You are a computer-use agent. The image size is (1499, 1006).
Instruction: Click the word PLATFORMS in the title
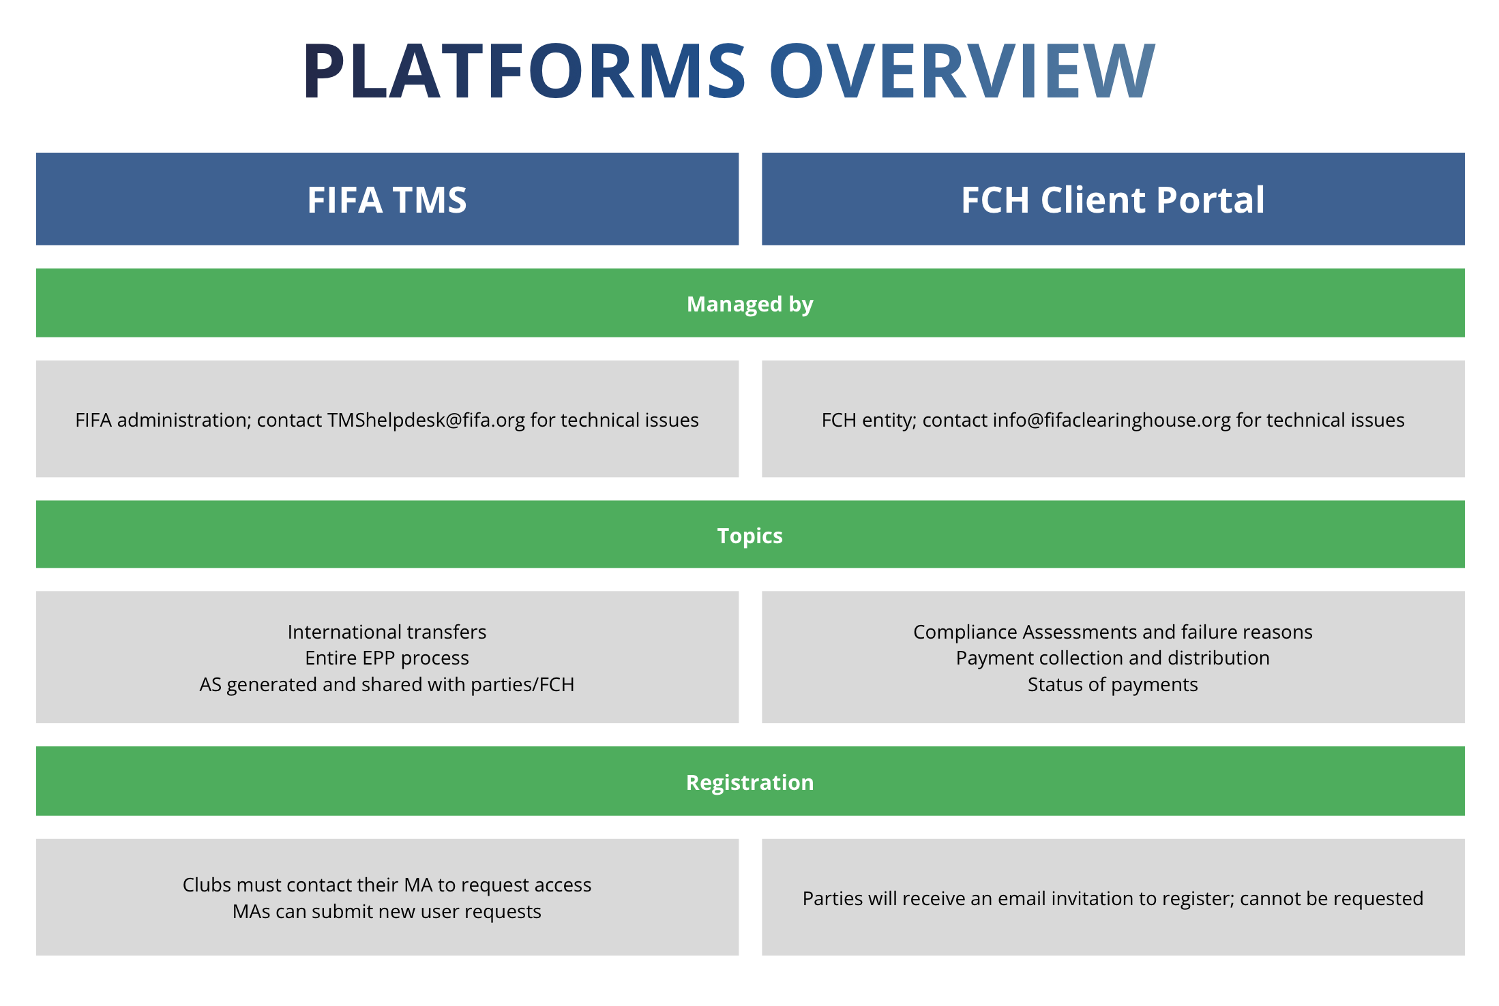(524, 71)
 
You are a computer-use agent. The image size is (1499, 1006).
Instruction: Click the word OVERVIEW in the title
(962, 71)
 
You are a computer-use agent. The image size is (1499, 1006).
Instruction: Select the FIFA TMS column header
(387, 200)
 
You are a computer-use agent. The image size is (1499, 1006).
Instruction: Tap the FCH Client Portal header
(1112, 200)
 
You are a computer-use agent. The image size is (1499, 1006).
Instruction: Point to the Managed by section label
(749, 304)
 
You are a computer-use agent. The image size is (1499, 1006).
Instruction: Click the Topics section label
(749, 536)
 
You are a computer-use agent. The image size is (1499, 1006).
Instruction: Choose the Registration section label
(749, 782)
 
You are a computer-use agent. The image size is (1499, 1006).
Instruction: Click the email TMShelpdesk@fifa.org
(426, 420)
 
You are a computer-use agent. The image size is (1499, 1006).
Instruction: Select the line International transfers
(387, 632)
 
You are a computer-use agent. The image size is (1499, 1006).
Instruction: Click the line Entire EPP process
(387, 658)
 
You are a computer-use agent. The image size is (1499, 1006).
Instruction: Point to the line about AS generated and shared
(387, 684)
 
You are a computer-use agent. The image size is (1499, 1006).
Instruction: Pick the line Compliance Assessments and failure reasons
(1112, 632)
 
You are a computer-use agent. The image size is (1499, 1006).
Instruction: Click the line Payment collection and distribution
(1112, 658)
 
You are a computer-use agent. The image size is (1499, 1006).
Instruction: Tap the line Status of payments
(1112, 684)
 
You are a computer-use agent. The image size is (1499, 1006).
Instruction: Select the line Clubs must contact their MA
(387, 885)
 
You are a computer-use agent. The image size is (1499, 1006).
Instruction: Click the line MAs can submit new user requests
(387, 911)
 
